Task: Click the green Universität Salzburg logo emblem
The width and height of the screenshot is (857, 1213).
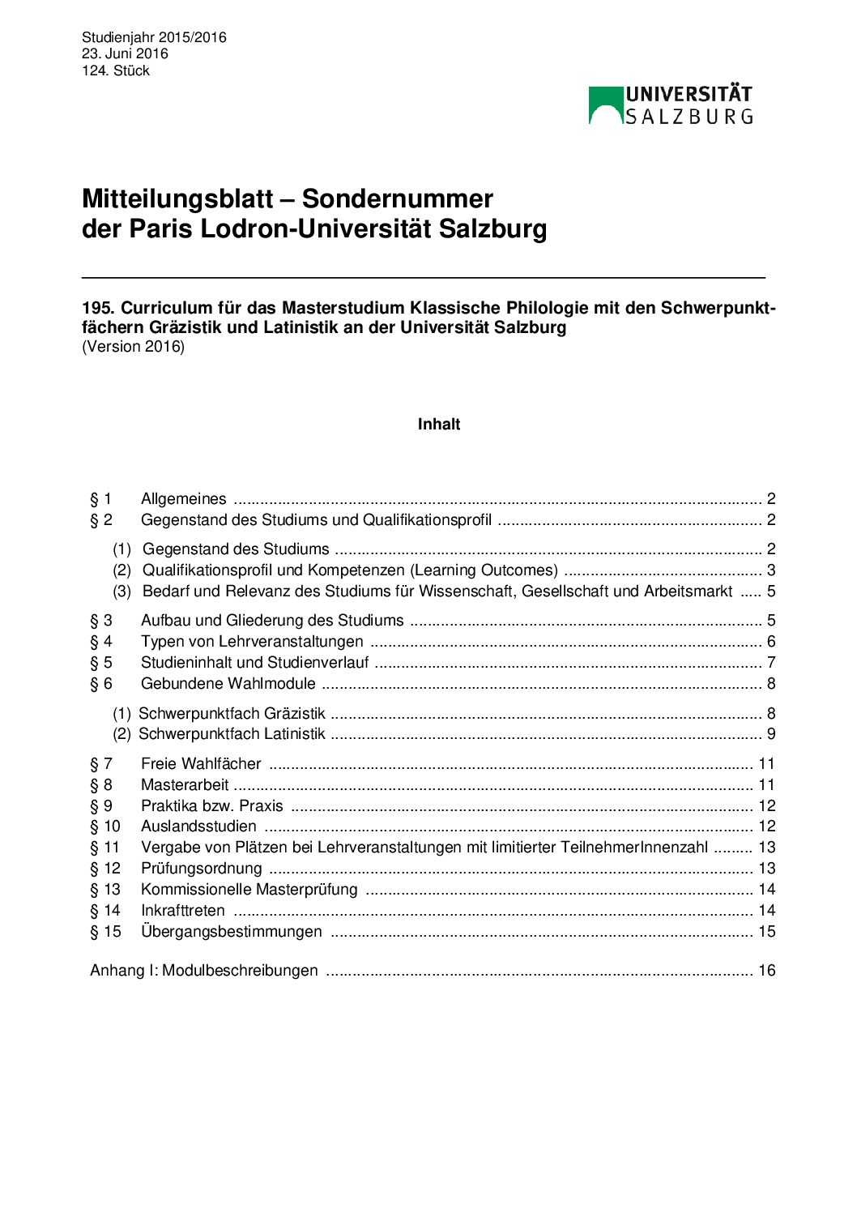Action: coord(605,105)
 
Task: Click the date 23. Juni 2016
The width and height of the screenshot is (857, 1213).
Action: coord(125,53)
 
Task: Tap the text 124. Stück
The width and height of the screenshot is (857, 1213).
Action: coord(116,70)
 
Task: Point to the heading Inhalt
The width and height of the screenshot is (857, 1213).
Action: coord(439,425)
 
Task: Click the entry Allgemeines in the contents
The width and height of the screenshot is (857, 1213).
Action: coord(184,499)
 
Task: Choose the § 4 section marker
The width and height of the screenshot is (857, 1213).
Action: coord(101,642)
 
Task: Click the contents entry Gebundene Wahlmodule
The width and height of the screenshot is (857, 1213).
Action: coord(228,684)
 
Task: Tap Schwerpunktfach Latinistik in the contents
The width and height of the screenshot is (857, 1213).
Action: coord(232,734)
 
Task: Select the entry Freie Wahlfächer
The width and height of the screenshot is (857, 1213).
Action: coord(201,764)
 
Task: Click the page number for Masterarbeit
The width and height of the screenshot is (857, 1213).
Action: coord(766,785)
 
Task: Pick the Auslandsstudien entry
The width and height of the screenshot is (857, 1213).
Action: coord(198,826)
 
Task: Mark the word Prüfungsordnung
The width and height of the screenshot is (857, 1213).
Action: coord(202,869)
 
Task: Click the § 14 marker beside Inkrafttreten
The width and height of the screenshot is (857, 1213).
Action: coord(105,911)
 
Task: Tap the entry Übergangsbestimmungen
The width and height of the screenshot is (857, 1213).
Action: coord(232,932)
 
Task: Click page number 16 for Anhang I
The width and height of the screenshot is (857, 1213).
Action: coord(766,971)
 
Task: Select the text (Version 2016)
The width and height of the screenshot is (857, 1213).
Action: coord(134,347)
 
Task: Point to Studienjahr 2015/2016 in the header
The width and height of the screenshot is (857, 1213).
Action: coord(154,37)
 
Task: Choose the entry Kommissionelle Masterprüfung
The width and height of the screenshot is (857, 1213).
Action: coord(249,890)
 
